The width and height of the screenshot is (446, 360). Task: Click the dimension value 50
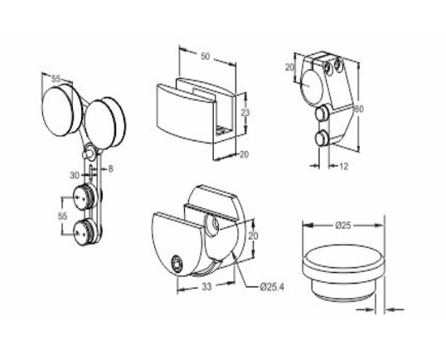click(x=205, y=56)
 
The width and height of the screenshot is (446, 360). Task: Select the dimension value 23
click(x=245, y=113)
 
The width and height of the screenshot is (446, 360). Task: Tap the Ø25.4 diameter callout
click(x=272, y=287)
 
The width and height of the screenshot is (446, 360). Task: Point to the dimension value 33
click(x=206, y=287)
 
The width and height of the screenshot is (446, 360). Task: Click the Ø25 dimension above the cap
click(x=343, y=226)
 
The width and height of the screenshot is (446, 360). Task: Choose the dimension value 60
click(x=359, y=109)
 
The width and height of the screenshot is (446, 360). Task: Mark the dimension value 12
click(x=343, y=166)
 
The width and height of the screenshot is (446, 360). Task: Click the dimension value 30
click(x=75, y=176)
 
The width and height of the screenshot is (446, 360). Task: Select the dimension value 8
click(x=110, y=169)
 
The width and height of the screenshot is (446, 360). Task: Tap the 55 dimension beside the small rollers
click(x=62, y=216)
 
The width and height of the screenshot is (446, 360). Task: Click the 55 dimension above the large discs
click(x=56, y=79)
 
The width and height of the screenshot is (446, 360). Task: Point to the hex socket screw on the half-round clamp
click(x=177, y=265)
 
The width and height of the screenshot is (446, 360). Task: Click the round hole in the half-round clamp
click(x=211, y=226)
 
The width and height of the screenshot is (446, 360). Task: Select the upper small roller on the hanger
click(x=83, y=197)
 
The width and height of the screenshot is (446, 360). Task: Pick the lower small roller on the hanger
click(x=83, y=233)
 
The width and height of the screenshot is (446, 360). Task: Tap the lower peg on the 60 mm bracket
click(x=322, y=138)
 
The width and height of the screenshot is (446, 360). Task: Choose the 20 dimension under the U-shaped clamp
click(x=244, y=154)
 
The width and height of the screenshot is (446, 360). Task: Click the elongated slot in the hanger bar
click(x=90, y=173)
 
